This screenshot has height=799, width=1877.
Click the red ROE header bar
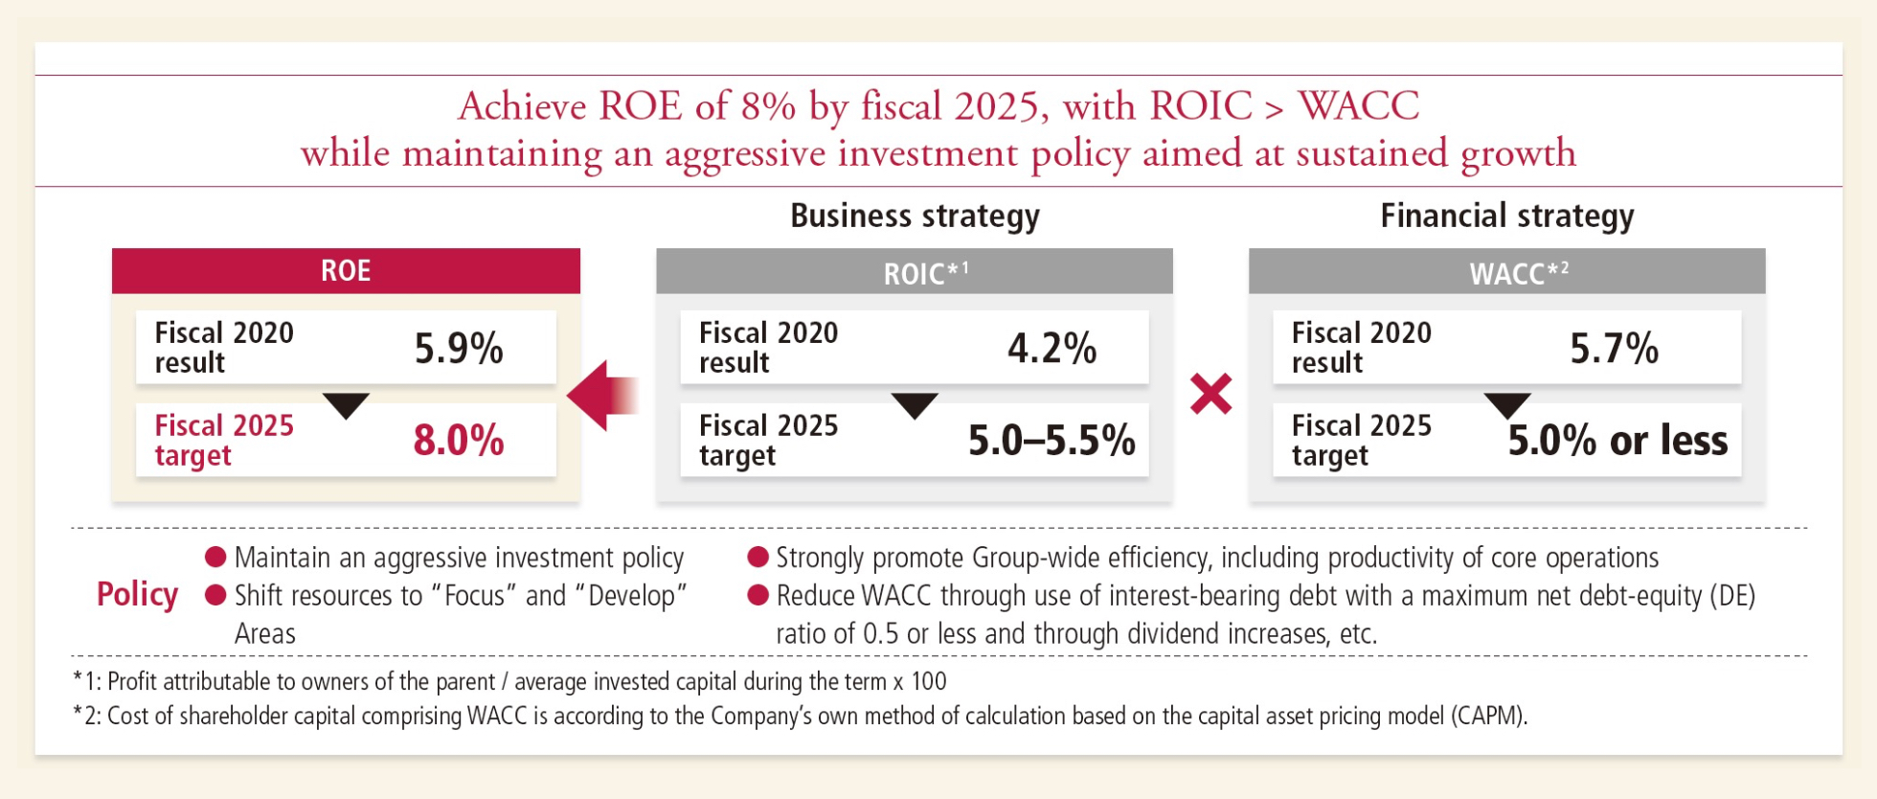(x=346, y=270)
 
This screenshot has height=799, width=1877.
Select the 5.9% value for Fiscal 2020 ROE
(x=459, y=348)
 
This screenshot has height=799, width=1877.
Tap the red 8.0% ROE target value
(x=459, y=441)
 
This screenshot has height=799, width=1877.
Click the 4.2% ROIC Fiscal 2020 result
(x=1052, y=348)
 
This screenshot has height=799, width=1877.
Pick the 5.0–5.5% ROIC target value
(x=1052, y=441)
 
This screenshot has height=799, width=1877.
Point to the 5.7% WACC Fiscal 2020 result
(x=1614, y=348)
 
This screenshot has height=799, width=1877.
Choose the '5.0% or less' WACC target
(x=1617, y=441)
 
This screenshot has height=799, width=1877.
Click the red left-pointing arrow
(x=601, y=395)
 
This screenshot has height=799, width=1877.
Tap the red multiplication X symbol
(x=1210, y=394)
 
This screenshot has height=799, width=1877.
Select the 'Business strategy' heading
(x=915, y=217)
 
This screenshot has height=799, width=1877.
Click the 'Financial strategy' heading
(x=1506, y=217)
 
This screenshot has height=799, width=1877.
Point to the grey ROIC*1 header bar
(x=915, y=272)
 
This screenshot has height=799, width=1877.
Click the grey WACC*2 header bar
(x=1506, y=272)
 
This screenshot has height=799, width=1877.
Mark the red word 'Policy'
(x=137, y=595)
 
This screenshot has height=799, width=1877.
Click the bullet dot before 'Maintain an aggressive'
(x=215, y=558)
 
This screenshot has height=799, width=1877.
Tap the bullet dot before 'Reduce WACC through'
(x=758, y=596)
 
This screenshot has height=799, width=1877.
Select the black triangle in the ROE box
(x=346, y=404)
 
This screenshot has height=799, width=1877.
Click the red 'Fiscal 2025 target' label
(x=224, y=440)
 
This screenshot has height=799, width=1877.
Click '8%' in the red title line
(x=768, y=106)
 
